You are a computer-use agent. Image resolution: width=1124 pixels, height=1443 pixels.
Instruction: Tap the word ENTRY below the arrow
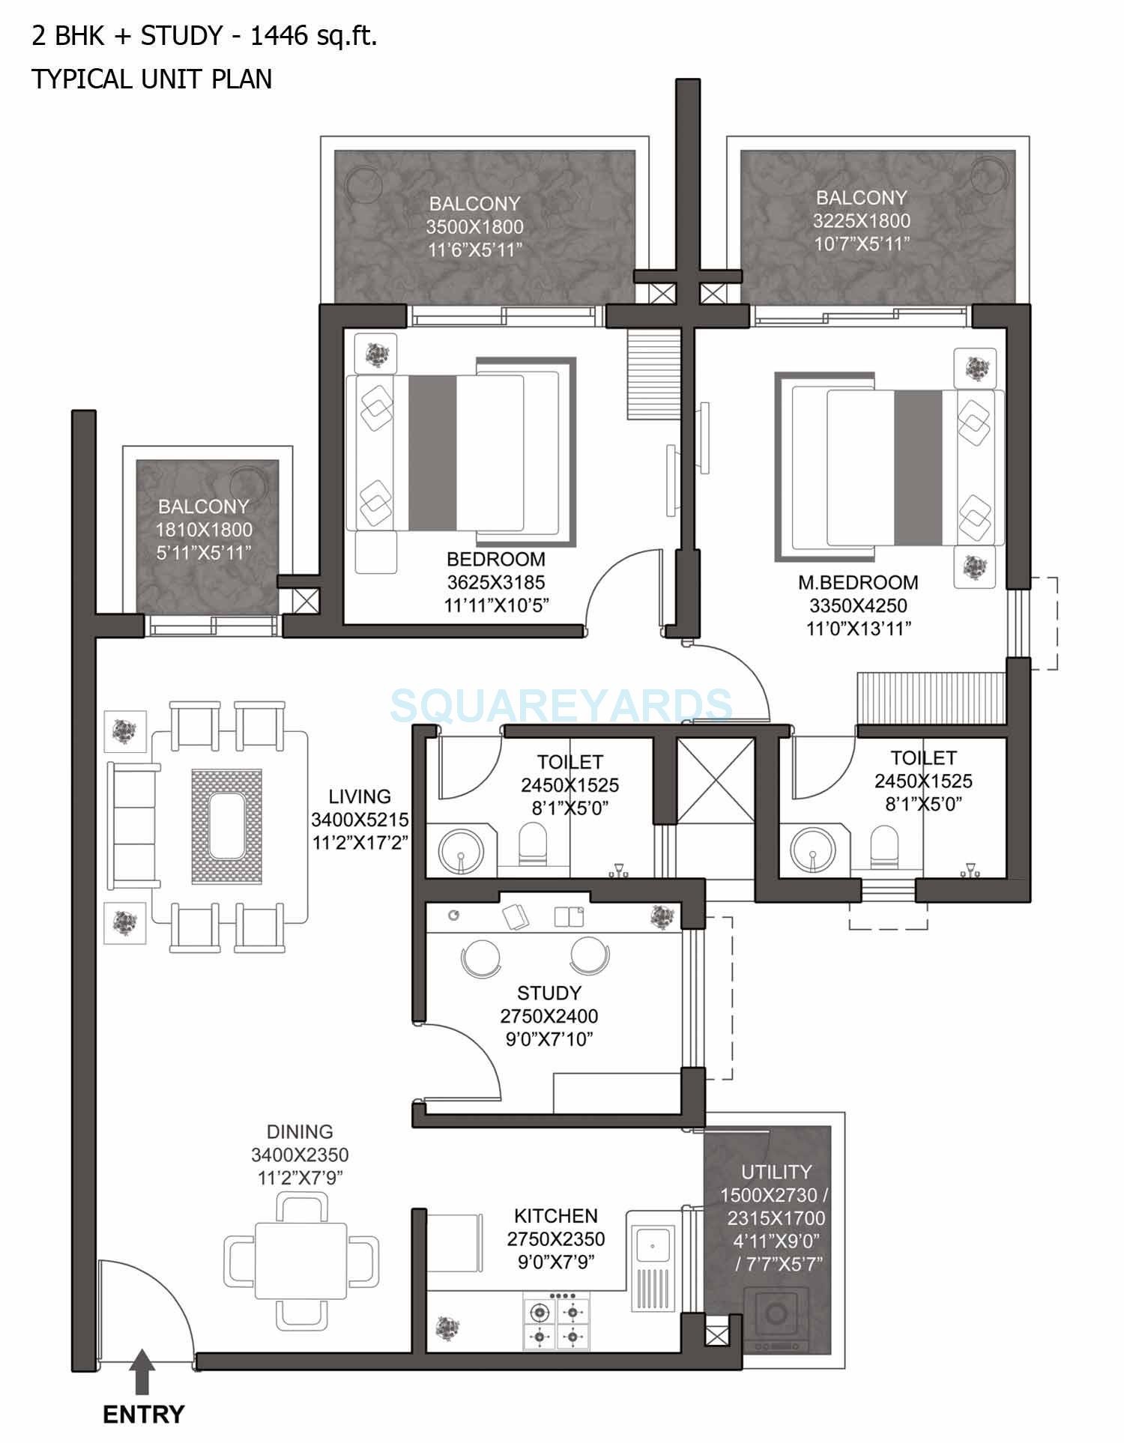click(143, 1415)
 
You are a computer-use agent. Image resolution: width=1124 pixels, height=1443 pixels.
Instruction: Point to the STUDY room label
click(549, 993)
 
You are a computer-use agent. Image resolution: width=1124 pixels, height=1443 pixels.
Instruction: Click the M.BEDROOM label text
click(858, 582)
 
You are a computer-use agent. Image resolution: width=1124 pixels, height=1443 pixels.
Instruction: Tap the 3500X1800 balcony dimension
click(475, 227)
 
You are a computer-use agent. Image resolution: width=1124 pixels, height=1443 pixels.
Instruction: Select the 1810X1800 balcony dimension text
click(204, 530)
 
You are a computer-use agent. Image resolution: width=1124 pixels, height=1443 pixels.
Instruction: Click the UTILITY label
click(776, 1172)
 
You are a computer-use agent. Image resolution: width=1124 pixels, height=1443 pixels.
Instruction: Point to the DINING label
click(300, 1131)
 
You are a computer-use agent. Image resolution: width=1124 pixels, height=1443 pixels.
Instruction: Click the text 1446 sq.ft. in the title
click(313, 36)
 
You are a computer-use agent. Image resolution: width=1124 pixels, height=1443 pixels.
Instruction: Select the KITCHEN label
click(556, 1215)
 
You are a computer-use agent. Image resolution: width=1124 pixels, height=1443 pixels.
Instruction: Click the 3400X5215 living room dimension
click(360, 820)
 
